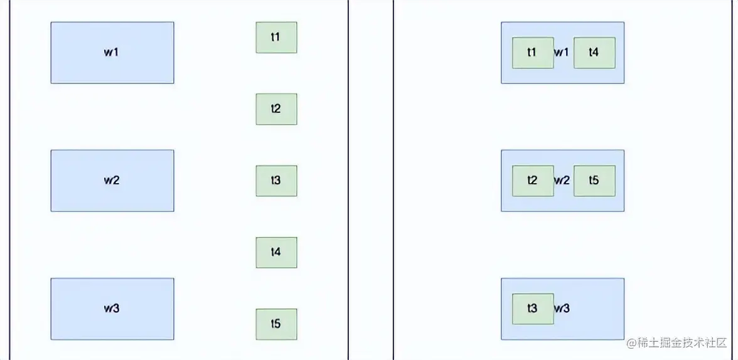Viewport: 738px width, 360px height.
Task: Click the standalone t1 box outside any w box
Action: click(276, 38)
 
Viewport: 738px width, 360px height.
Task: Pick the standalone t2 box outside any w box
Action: click(276, 109)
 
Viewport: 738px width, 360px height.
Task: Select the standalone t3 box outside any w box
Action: click(276, 181)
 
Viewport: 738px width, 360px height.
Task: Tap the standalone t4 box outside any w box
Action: click(276, 252)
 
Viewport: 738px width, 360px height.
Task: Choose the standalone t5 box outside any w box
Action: click(276, 324)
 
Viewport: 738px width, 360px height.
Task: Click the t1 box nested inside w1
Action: click(533, 53)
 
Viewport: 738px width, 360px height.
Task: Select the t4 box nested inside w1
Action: click(594, 53)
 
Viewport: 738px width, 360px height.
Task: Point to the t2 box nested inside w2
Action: click(533, 181)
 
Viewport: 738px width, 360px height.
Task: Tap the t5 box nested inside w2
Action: click(594, 181)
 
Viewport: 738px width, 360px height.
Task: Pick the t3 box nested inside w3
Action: click(533, 309)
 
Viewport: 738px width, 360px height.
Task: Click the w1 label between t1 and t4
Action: click(562, 53)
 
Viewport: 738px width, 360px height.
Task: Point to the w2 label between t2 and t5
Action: click(562, 181)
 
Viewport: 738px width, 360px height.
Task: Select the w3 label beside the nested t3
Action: click(562, 309)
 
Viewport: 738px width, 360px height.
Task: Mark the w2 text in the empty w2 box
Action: click(112, 181)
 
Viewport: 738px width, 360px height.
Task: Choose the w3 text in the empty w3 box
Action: click(112, 309)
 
